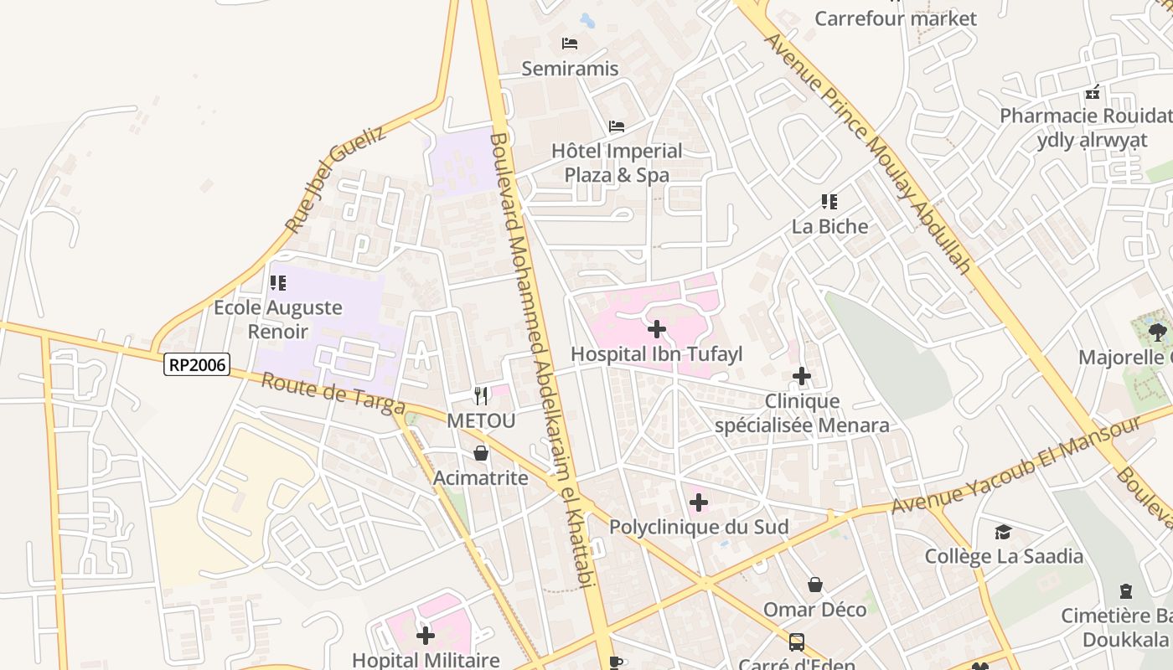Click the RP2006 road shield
click(197, 364)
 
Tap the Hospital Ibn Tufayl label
click(657, 354)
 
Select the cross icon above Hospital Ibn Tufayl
click(657, 329)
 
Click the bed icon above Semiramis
click(570, 44)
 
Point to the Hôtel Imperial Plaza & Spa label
click(617, 162)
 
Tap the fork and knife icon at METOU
click(481, 395)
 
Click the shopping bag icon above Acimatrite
click(481, 453)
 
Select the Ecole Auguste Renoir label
click(278, 319)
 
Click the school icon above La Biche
click(829, 201)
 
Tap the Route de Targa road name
click(333, 393)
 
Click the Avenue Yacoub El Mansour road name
click(1015, 466)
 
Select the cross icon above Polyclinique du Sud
click(699, 502)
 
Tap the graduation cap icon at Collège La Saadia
click(1003, 532)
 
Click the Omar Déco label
click(814, 609)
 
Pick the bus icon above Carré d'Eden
click(796, 642)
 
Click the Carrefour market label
click(896, 18)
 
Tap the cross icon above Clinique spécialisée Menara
click(802, 376)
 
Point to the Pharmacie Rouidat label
click(1086, 116)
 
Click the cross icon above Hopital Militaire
click(426, 636)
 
